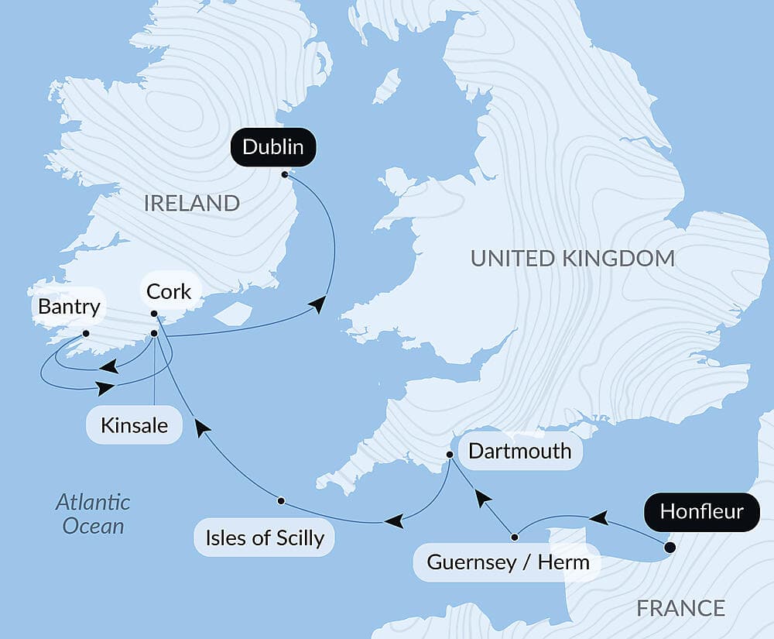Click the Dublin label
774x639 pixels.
[x=272, y=147]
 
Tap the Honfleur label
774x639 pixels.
[x=701, y=512]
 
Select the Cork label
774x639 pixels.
[x=169, y=292]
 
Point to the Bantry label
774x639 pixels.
[x=69, y=307]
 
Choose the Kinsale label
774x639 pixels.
[x=134, y=425]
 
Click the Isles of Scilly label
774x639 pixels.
[x=264, y=538]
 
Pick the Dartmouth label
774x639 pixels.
[x=519, y=451]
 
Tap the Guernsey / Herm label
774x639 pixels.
[x=508, y=562]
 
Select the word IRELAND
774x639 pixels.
[x=191, y=204]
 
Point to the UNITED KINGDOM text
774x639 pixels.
[x=573, y=259]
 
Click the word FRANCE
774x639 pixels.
[x=680, y=609]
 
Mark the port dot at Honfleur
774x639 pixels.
[x=670, y=548]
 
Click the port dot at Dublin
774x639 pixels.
[x=285, y=174]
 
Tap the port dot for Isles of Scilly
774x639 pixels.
[x=281, y=500]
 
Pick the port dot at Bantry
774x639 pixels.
[x=85, y=334]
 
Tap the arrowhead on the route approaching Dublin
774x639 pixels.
[x=317, y=307]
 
